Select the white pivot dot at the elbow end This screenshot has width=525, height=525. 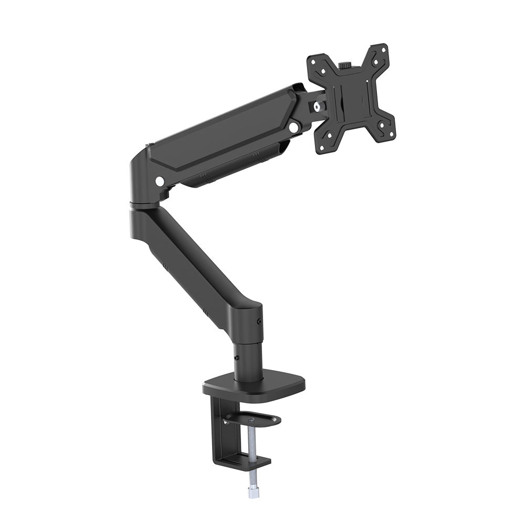(x=159, y=182)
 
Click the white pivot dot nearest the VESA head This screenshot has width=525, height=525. (x=293, y=127)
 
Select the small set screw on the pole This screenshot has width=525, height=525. (x=236, y=358)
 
